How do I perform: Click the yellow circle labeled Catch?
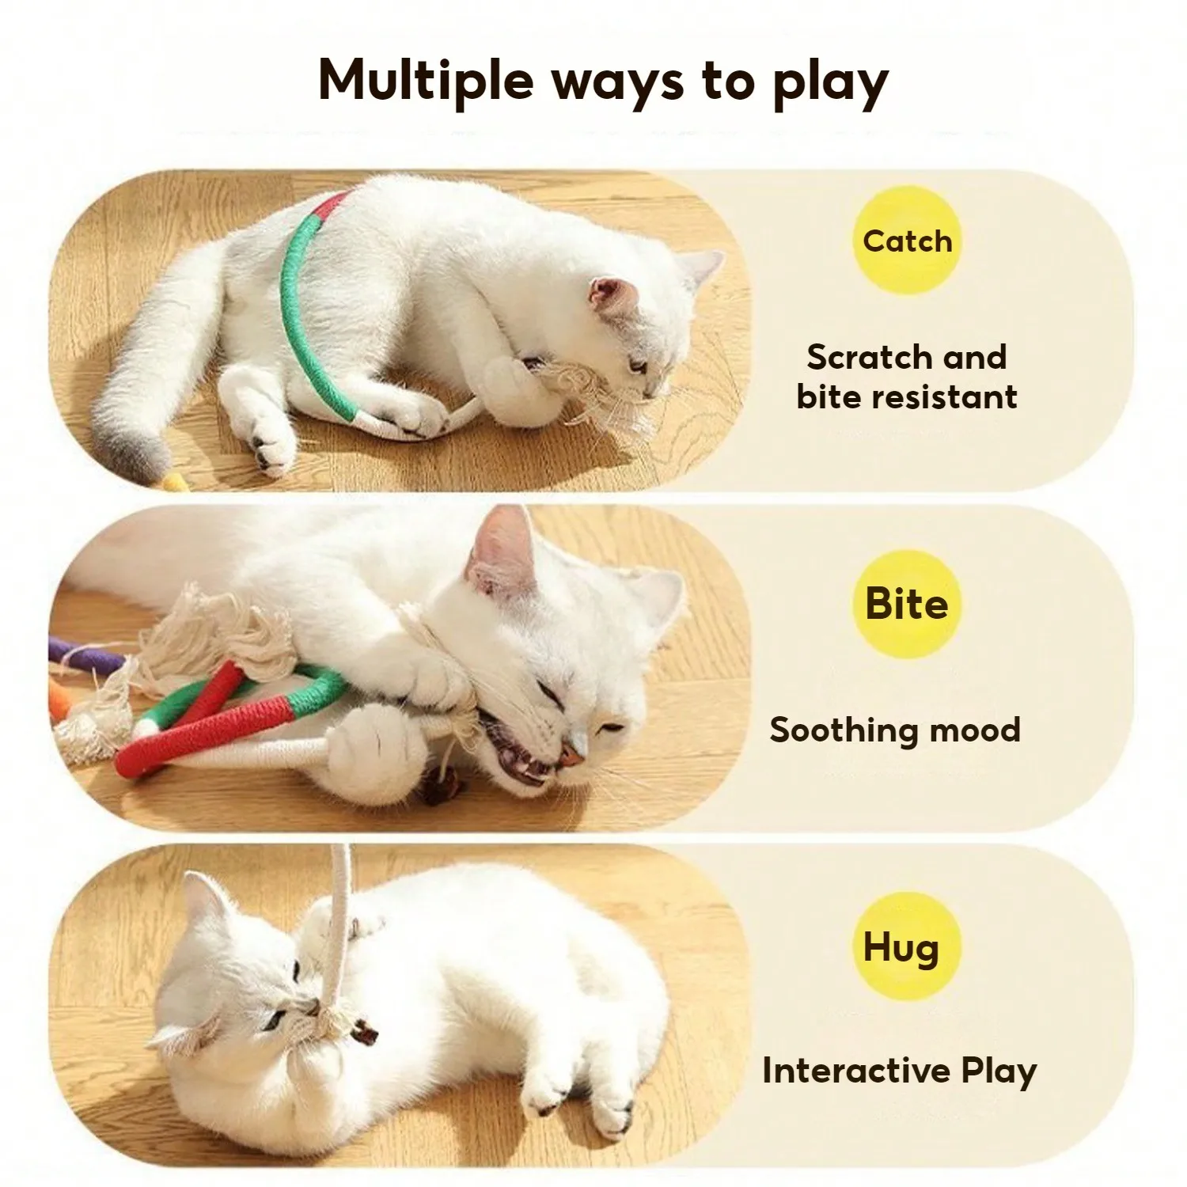click(x=907, y=241)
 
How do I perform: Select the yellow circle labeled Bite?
click(x=907, y=604)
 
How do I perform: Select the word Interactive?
click(x=855, y=1071)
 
